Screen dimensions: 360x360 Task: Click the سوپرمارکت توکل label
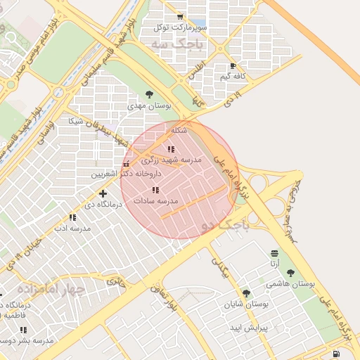pos(162,27)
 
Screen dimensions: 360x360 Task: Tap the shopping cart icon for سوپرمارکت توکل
pos(181,17)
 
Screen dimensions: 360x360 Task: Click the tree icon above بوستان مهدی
pos(148,94)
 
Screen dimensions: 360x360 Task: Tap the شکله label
pos(179,130)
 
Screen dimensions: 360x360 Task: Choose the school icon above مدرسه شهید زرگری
pos(170,149)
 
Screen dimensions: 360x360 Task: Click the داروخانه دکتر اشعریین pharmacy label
pos(130,173)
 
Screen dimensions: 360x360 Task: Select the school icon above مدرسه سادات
pos(155,190)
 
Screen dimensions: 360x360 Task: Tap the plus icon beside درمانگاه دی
pos(103,193)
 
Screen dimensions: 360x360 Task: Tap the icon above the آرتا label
pos(274,253)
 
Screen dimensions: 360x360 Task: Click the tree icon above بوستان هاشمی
pos(290,273)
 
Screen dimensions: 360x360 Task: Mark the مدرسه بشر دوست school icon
pos(23,330)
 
